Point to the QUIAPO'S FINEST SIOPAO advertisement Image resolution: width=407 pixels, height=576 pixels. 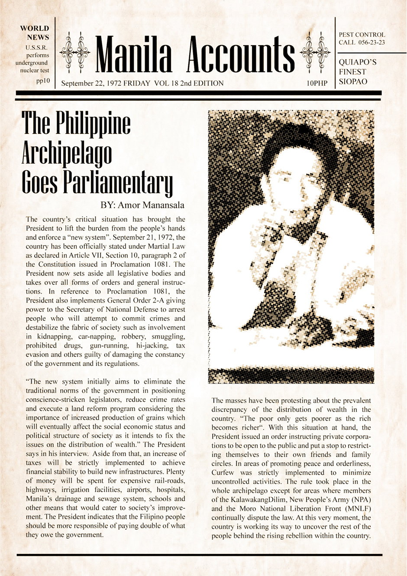coord(358,72)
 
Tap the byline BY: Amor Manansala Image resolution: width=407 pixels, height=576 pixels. coord(142,205)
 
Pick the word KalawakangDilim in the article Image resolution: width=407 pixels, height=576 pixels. coord(256,500)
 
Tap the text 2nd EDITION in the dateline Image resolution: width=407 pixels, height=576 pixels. coord(202,83)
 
